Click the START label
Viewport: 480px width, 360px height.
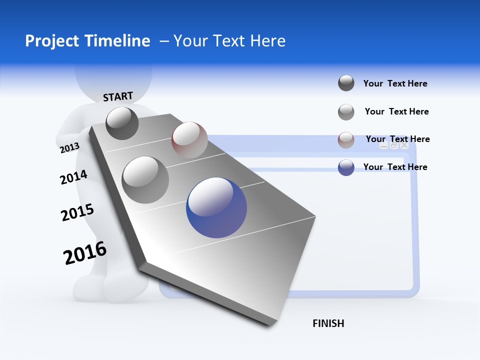click(118, 96)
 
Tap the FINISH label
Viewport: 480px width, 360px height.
click(328, 323)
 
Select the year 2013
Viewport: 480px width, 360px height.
click(69, 148)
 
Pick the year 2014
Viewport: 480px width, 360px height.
click(73, 177)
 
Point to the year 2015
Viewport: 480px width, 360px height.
click(77, 212)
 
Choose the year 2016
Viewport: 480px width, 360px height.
click(85, 253)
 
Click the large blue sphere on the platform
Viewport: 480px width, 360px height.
click(216, 207)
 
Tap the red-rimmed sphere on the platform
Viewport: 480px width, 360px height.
click(189, 139)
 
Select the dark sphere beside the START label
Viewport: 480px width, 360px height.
click(122, 123)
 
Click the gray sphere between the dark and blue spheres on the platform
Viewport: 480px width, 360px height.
click(145, 179)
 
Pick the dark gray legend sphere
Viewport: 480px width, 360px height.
click(346, 83)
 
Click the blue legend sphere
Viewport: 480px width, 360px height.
click(346, 167)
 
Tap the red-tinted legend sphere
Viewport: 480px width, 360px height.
click(346, 140)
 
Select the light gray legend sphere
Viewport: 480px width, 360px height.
click(346, 112)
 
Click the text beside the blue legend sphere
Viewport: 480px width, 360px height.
click(395, 167)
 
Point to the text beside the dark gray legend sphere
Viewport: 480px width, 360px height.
click(395, 83)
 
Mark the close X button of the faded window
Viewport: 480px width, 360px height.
click(404, 145)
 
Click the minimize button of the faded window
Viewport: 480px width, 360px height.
click(383, 145)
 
